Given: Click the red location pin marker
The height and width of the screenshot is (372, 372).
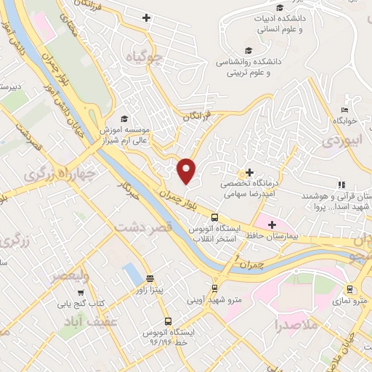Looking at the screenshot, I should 187,170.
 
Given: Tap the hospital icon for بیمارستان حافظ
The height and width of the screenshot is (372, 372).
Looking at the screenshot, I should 272,225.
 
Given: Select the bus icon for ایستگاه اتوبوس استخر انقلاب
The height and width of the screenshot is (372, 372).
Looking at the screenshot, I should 214,217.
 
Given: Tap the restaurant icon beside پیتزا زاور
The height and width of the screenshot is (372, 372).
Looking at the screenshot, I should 150,278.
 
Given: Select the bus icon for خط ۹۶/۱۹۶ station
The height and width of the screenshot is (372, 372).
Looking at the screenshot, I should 168,320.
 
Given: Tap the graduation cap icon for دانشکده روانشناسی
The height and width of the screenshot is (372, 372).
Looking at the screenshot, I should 249,50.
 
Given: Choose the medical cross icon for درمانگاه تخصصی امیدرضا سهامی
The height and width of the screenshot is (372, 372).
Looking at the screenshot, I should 249,173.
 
